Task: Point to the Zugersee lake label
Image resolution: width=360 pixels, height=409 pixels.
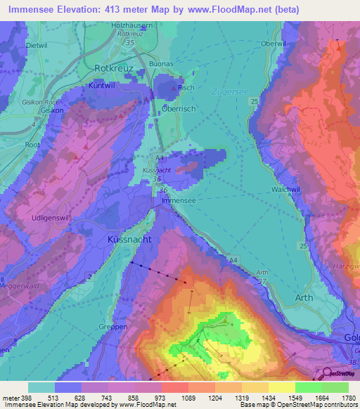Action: coord(226,91)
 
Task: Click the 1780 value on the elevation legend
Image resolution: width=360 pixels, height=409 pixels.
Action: coord(348,398)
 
